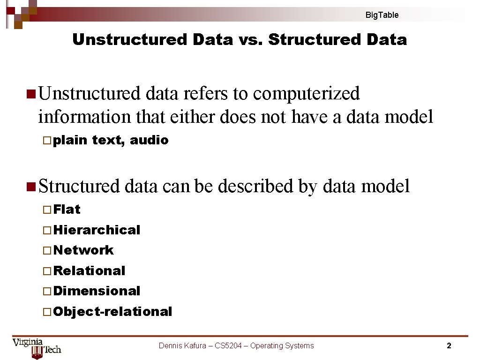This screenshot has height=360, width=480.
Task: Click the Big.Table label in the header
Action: [x=382, y=15]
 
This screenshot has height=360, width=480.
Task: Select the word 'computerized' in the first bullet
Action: [x=306, y=94]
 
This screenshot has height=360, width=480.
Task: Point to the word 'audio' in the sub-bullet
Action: [x=149, y=140]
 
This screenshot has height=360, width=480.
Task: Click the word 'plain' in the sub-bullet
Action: [x=70, y=140]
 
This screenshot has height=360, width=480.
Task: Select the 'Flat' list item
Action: [x=67, y=210]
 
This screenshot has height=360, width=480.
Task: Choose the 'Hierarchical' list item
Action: [x=97, y=230]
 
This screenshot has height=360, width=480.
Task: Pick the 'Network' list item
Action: [x=83, y=250]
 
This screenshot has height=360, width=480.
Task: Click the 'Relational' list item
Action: [x=90, y=271]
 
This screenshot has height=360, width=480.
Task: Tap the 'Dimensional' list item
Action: [x=97, y=291]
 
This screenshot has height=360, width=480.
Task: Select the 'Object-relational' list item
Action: [x=113, y=312]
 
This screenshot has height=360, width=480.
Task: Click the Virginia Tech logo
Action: [x=37, y=347]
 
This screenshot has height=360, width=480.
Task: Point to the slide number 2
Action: [x=449, y=346]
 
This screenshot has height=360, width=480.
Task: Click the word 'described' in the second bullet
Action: [x=255, y=187]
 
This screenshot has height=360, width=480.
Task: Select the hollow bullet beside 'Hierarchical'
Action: [x=46, y=231]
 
